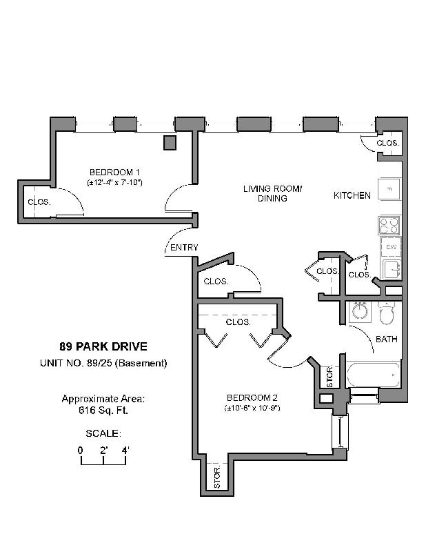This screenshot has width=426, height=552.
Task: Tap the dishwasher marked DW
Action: pyautogui.click(x=390, y=247)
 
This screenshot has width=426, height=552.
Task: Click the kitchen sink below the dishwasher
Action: pyautogui.click(x=391, y=268)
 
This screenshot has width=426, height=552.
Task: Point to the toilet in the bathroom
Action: pyautogui.click(x=387, y=313)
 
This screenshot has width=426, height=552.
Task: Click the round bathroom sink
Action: pyautogui.click(x=359, y=312)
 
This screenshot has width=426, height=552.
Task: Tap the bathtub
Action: pyautogui.click(x=373, y=376)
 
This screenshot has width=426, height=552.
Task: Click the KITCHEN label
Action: pyautogui.click(x=352, y=195)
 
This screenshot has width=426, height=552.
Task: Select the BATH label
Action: pyautogui.click(x=386, y=339)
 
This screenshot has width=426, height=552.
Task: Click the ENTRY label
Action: pyautogui.click(x=183, y=248)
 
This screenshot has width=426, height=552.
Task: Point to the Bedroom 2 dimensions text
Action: pyautogui.click(x=252, y=408)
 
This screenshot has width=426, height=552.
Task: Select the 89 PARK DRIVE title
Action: pyautogui.click(x=103, y=347)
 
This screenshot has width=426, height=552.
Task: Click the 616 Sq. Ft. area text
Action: pyautogui.click(x=103, y=411)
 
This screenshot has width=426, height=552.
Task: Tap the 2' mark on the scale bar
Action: pyautogui.click(x=103, y=450)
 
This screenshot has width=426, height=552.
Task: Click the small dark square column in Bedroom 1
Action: pyautogui.click(x=170, y=142)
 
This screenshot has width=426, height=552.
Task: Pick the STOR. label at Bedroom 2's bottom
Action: pyautogui.click(x=216, y=478)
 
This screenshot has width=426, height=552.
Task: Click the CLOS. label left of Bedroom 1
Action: pyautogui.click(x=37, y=202)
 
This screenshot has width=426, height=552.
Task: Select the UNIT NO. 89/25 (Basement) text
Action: pyautogui.click(x=103, y=363)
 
